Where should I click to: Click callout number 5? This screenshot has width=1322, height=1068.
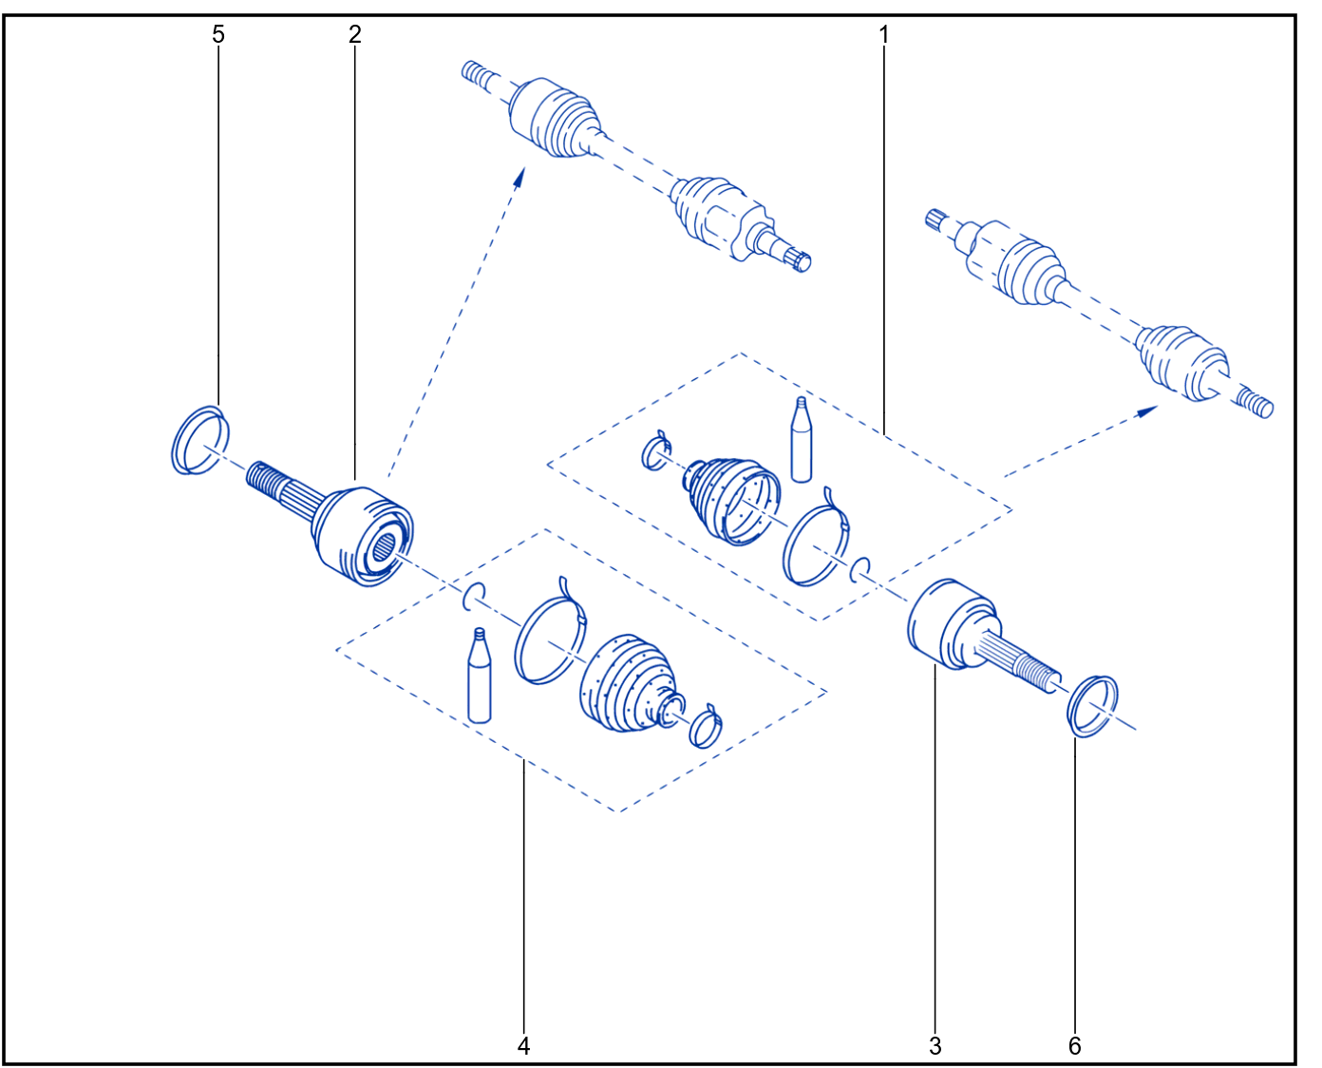click(217, 34)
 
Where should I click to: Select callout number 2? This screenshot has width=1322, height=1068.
click(355, 34)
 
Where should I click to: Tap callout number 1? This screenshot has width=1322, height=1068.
click(884, 34)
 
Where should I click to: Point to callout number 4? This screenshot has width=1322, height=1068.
click(524, 1046)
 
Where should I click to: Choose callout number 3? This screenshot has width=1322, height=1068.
click(935, 1046)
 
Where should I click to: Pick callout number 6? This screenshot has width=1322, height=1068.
click(1075, 1046)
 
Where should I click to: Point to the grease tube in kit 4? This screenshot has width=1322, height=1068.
click(480, 676)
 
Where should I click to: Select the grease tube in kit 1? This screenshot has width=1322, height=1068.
click(802, 440)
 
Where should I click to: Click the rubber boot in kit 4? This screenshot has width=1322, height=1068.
click(627, 683)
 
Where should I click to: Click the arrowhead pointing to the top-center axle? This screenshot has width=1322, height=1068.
click(519, 176)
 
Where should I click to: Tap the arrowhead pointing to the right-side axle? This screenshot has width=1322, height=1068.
click(1147, 411)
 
